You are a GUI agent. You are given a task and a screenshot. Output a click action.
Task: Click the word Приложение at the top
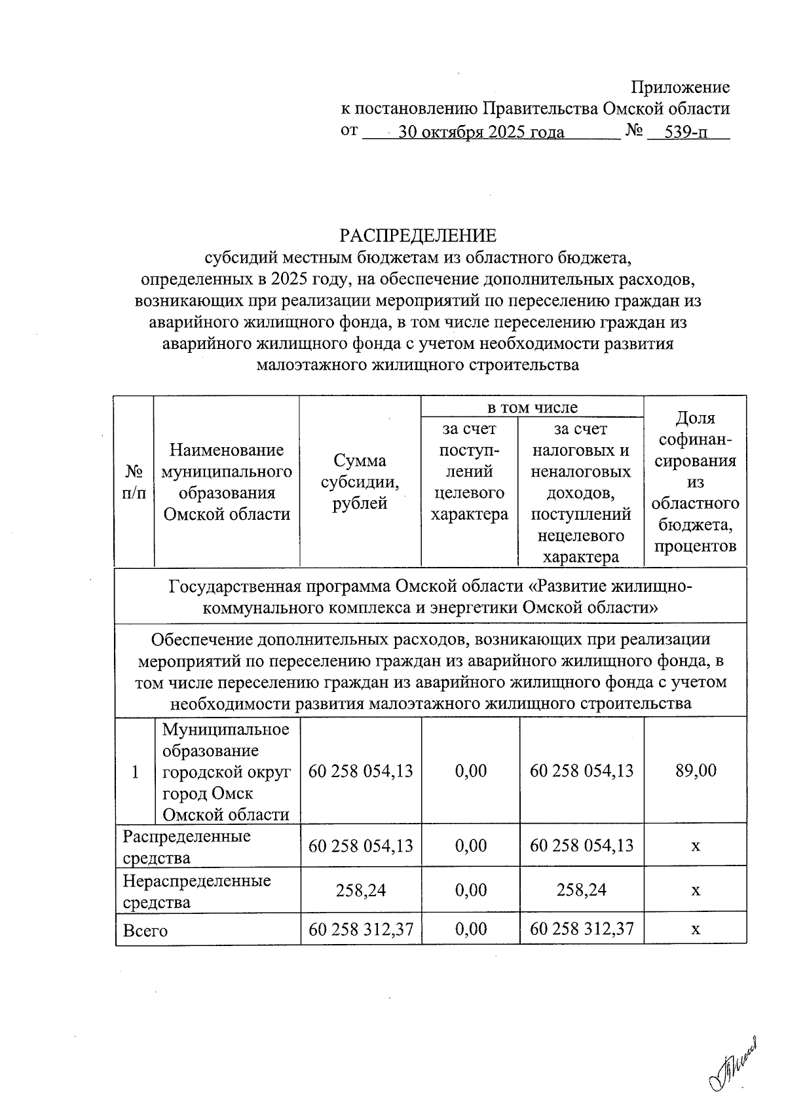(680, 87)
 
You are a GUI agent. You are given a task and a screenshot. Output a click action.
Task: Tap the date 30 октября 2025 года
(481, 132)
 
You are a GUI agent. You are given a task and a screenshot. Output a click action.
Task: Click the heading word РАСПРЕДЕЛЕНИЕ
(417, 235)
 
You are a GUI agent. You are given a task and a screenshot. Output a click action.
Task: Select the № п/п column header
(134, 482)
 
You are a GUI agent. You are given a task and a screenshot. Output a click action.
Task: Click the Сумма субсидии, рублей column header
(360, 482)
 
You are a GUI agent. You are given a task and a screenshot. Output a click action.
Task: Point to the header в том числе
(532, 407)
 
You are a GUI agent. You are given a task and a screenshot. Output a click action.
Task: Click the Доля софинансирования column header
(695, 482)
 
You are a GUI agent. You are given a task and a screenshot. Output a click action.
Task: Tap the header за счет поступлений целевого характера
(469, 471)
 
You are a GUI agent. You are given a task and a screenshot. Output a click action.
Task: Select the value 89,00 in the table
(696, 771)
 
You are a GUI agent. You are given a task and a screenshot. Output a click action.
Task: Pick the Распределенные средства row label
(187, 847)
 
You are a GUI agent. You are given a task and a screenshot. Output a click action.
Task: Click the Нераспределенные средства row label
(196, 891)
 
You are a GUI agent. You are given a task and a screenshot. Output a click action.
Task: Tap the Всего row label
(145, 930)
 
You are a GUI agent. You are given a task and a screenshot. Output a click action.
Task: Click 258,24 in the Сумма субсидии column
(360, 890)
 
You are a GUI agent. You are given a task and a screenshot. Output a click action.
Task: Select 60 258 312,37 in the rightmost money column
(582, 929)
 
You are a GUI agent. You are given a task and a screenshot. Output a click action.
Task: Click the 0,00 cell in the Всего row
(471, 929)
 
